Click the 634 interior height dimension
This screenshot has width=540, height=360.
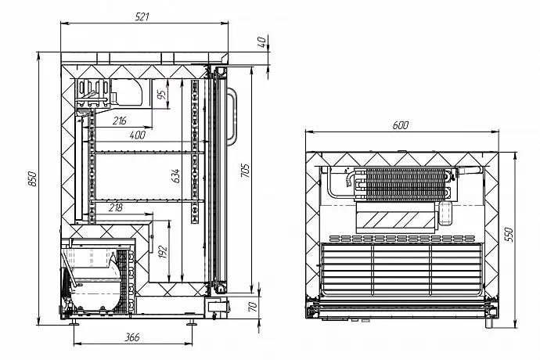point(176,175)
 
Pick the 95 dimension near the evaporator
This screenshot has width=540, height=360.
point(160,95)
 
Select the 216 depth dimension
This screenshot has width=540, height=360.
point(120,121)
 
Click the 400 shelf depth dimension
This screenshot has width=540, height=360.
point(137,135)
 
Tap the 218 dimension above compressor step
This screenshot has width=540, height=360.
point(115,207)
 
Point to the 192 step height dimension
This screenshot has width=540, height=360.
point(162,252)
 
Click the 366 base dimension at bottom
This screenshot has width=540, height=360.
point(131,337)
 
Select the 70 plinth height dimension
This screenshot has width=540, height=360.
point(251,306)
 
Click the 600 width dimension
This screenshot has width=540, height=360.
point(400,125)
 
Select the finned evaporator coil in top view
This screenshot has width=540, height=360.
point(401,185)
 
